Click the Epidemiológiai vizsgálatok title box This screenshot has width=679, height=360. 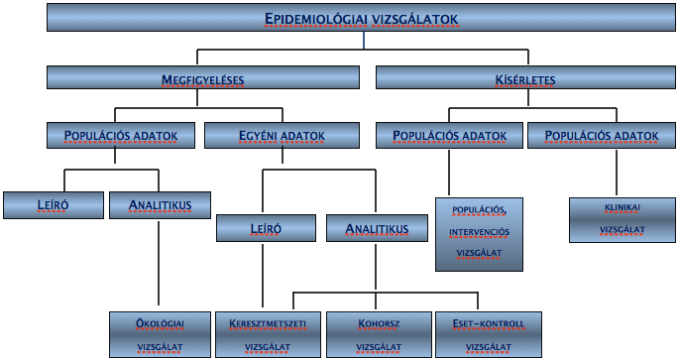point(361,17)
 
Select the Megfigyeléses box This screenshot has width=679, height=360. point(202,77)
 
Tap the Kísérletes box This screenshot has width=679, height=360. point(525,77)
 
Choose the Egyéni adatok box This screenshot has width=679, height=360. point(282,135)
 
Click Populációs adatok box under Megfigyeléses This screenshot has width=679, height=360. point(121,135)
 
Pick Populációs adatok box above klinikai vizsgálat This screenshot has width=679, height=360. point(602,135)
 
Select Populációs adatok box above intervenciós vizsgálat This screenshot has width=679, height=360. point(449,135)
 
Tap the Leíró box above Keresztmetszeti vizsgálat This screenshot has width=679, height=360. point(266,228)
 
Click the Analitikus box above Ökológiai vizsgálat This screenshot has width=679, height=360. point(160,205)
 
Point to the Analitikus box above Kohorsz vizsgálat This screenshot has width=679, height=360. point(377,228)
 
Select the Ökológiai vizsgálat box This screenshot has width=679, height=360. point(160,334)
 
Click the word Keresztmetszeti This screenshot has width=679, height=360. point(268,323)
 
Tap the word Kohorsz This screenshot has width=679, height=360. point(379,323)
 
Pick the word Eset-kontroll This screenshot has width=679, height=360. point(489,323)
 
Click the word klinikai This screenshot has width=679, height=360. point(622,207)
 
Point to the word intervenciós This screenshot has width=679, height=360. point(479,232)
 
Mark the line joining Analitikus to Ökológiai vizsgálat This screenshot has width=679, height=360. point(159,263)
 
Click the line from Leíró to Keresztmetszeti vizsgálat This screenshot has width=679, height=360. point(263,276)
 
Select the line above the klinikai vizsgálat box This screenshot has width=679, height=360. point(617,173)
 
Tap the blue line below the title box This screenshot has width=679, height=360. point(364,40)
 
